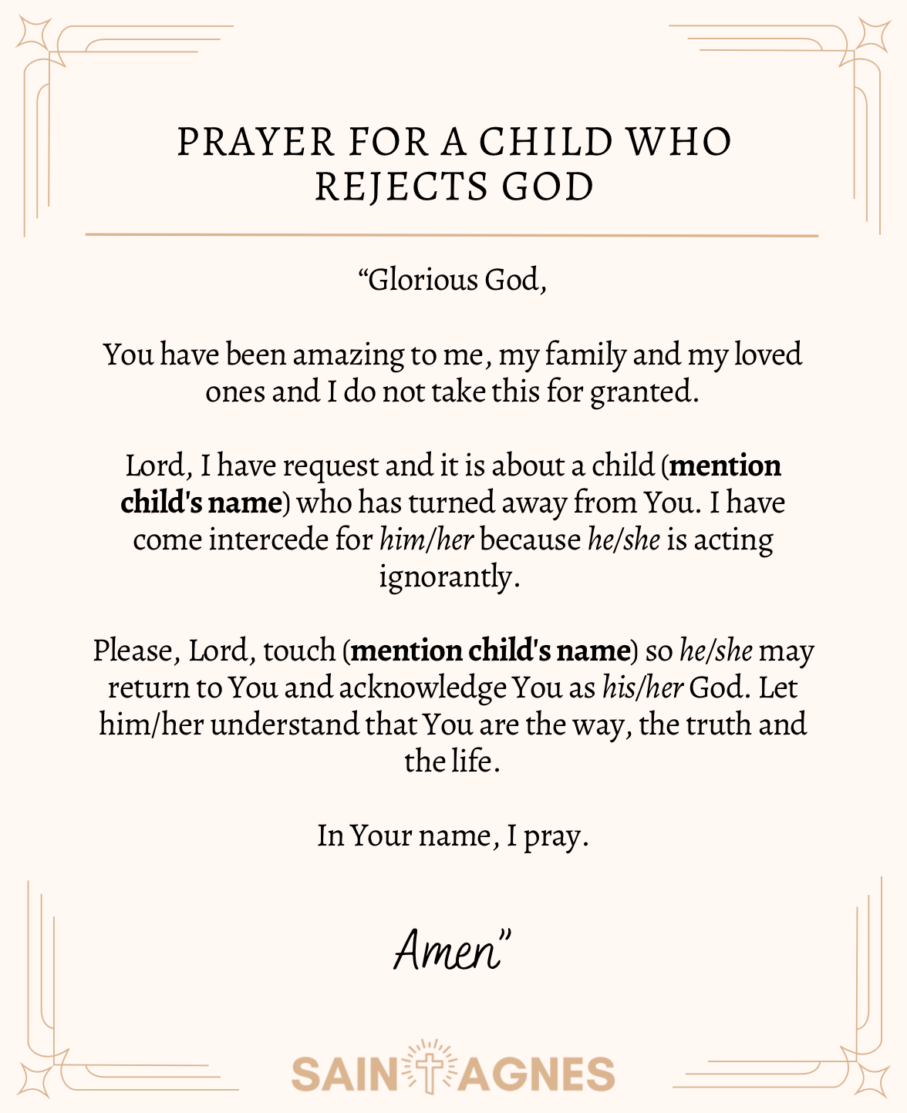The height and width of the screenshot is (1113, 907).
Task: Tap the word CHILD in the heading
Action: (x=546, y=143)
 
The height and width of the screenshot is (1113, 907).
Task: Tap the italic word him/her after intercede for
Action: (x=426, y=540)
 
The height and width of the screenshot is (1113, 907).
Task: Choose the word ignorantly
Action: (x=449, y=577)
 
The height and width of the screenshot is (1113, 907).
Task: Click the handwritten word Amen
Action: (x=448, y=950)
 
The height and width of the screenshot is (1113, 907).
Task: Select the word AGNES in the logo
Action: (x=538, y=1074)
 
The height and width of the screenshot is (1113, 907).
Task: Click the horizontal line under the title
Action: (x=451, y=234)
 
